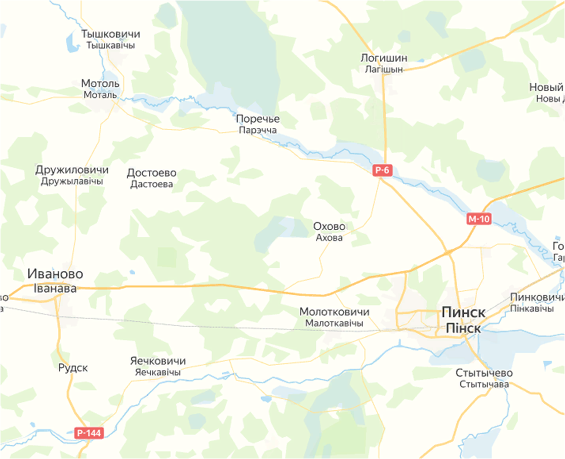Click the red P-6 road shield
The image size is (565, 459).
383,171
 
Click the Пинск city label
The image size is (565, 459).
464,312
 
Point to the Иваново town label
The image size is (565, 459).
55,274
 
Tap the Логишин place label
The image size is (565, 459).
384,58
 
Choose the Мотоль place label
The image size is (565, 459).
100,83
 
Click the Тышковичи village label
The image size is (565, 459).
110,34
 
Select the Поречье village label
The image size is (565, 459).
258,119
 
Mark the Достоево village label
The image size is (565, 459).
151,172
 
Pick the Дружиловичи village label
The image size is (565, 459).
72,169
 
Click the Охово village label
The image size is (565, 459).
329,226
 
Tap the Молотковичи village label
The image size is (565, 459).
334,311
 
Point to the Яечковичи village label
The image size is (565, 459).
157,361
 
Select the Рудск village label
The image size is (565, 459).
73,368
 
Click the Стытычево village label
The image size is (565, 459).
484,373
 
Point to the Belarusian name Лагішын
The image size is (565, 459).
384,69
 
